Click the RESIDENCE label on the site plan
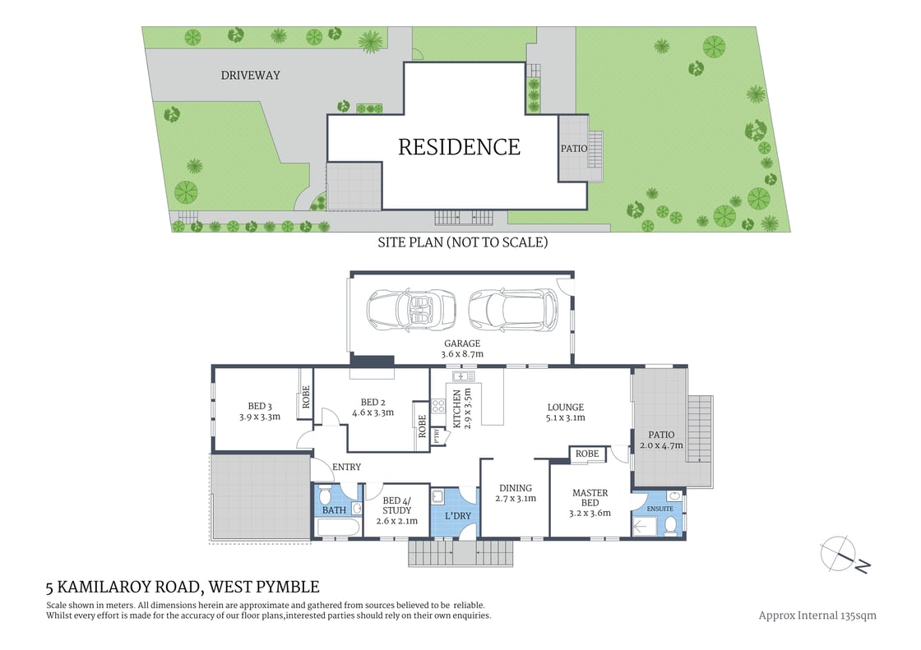coord(459,147)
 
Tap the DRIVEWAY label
coord(250,76)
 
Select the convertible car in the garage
coord(411,310)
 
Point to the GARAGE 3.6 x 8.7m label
coord(462,348)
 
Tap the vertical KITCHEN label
coord(457,408)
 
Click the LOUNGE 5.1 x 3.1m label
coord(565,413)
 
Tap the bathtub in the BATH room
coord(338,527)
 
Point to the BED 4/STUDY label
coord(396,505)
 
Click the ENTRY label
coord(346,468)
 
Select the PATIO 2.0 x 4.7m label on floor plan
coord(661,440)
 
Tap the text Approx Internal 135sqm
coord(817,615)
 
